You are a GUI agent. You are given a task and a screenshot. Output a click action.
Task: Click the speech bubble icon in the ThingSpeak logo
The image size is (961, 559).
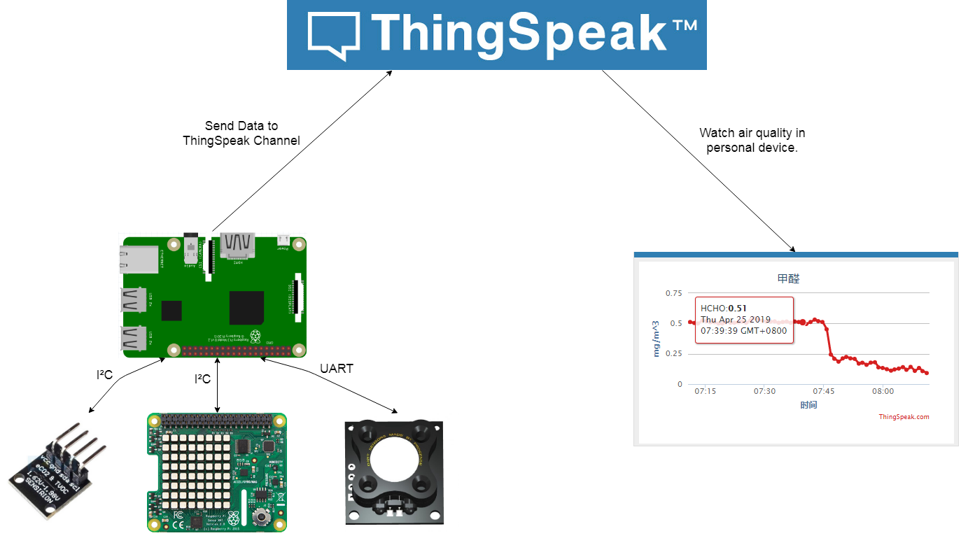pos(334,34)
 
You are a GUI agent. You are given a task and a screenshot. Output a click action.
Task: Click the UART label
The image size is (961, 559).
pos(337,369)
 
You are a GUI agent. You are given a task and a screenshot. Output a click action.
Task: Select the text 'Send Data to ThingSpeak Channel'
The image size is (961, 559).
pos(241,133)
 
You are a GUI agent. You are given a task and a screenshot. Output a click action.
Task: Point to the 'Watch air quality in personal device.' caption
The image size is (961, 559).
pos(752,140)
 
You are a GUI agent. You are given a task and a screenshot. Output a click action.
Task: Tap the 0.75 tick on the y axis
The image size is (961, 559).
pos(674,293)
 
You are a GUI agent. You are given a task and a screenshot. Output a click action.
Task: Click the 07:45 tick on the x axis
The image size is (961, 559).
pos(824,391)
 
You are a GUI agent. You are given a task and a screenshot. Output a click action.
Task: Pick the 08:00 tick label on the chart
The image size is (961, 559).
pos(883,391)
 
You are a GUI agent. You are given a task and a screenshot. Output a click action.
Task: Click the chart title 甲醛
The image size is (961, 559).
pos(788,278)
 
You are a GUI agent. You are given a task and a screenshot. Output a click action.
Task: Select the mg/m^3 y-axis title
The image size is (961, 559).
pos(657,339)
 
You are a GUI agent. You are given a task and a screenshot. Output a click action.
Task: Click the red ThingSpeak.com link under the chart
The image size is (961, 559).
pos(904,417)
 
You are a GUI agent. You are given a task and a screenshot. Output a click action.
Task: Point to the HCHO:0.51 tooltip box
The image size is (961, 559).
pos(744,320)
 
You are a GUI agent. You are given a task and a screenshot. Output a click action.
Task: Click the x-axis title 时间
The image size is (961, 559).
pos(808,405)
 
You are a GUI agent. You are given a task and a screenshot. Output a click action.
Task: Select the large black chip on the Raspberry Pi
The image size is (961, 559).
pos(246,308)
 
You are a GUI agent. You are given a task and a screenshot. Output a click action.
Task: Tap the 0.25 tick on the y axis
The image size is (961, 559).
pos(674,353)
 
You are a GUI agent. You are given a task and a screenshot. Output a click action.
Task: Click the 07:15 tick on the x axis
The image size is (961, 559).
pos(705,391)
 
